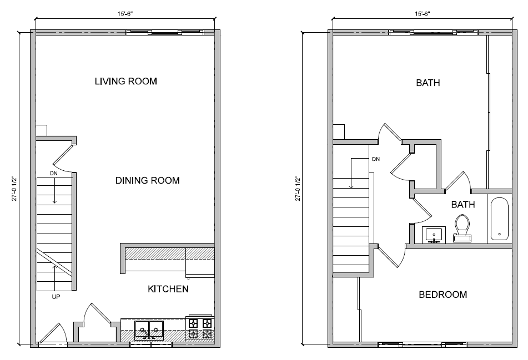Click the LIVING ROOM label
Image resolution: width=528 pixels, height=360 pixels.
click(125, 82)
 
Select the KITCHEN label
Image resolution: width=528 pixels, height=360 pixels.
click(168, 289)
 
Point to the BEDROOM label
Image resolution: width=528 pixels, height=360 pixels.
click(442, 295)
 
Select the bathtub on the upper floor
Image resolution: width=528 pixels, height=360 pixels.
click(500, 219)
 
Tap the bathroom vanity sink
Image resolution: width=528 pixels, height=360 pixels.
click(434, 235)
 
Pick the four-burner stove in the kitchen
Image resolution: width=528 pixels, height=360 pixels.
click(200, 328)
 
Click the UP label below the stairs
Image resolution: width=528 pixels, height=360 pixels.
click(56, 297)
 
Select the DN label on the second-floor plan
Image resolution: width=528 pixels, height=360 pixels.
click(376, 159)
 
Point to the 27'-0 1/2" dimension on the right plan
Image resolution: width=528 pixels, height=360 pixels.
click(299, 189)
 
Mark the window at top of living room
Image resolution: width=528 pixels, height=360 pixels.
click(165, 32)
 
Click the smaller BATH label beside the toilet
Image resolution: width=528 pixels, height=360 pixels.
click(462, 205)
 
